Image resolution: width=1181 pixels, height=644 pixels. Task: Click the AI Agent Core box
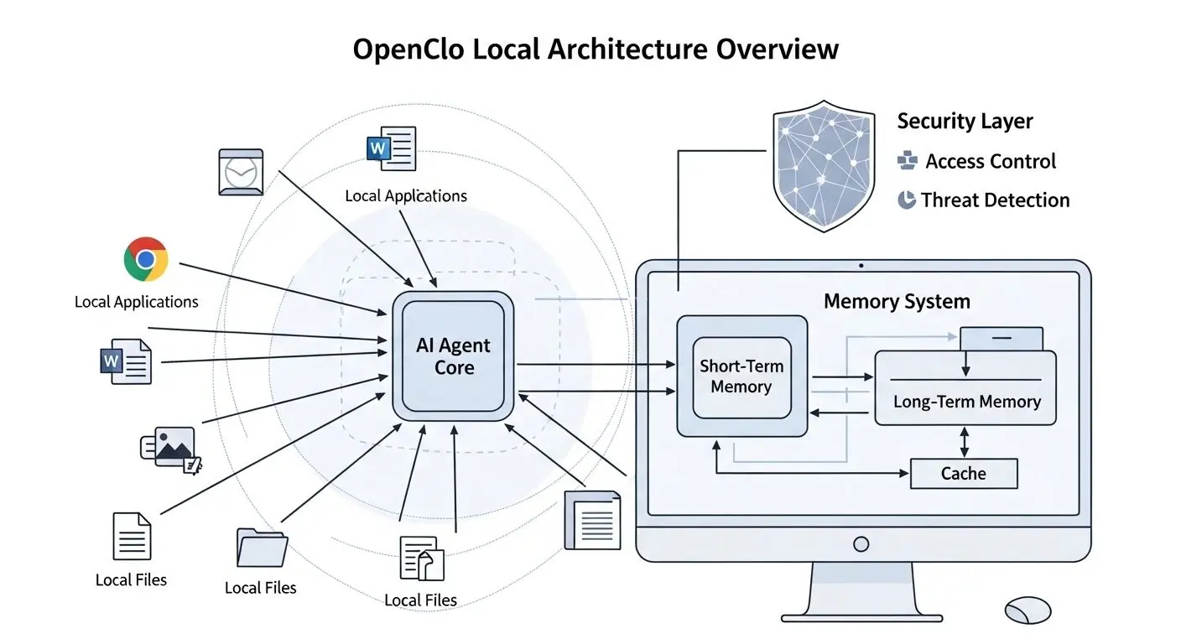click(454, 356)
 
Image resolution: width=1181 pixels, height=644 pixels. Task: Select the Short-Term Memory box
click(741, 377)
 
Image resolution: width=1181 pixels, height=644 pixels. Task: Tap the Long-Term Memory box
click(965, 401)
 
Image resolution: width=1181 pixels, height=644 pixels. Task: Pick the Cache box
click(963, 474)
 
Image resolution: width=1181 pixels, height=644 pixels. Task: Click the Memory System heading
click(897, 302)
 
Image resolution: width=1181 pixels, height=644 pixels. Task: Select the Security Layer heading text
click(965, 122)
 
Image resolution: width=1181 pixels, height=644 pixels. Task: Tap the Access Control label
click(990, 161)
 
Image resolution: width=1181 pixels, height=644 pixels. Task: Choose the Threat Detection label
click(995, 200)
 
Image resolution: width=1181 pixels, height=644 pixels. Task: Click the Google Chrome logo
click(146, 260)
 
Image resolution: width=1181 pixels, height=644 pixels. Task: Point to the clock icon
click(241, 172)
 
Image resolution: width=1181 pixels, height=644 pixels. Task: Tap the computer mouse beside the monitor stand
click(1028, 610)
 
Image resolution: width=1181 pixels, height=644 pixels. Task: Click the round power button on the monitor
click(861, 544)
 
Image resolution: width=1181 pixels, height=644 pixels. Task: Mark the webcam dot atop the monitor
click(861, 266)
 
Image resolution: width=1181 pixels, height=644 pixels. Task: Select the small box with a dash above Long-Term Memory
click(1002, 338)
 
